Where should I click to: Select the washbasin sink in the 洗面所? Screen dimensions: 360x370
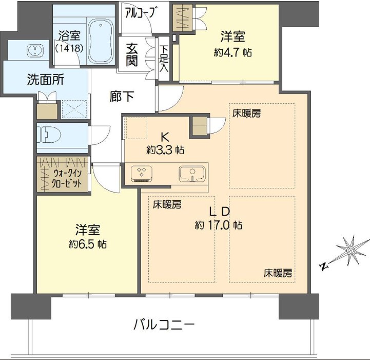pos(35,50)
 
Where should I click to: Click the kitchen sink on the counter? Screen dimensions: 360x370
pos(192,173)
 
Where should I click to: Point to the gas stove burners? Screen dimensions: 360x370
pos(142,173)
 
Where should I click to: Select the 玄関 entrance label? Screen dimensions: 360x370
pos(131,54)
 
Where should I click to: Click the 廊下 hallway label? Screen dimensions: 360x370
pos(122,96)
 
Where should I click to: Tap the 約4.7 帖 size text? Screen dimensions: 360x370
pos(233,52)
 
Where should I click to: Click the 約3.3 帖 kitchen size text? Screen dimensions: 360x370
pos(165,150)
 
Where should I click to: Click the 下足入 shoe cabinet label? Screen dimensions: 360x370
pos(164,58)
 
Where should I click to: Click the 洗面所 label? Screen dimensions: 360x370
pos(45,80)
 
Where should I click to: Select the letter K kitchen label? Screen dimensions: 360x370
pos(165,137)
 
